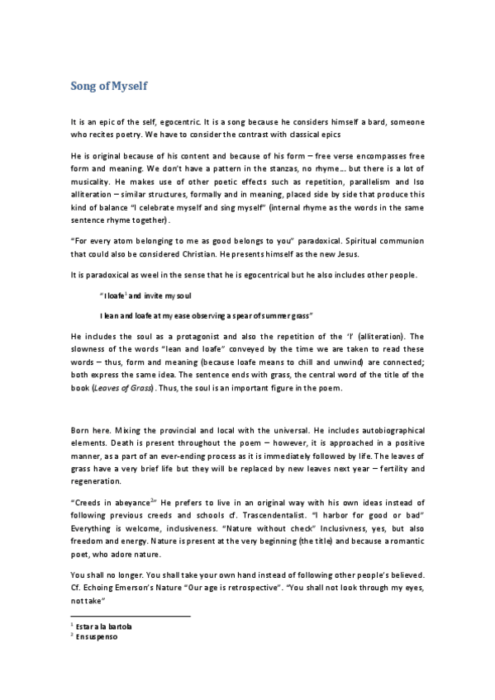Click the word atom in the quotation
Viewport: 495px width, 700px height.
tap(117, 240)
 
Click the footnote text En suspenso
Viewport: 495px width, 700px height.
tap(98, 637)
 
